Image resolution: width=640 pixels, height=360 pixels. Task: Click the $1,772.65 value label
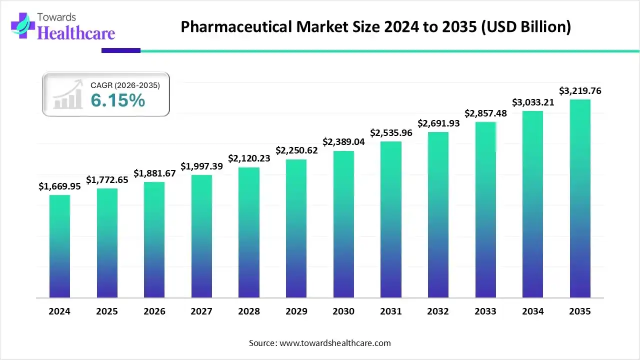point(107,179)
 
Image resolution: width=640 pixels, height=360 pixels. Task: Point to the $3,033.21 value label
point(533,102)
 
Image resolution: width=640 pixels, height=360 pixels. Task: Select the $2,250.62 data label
point(296,150)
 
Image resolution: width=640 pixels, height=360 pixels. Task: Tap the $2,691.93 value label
point(438,123)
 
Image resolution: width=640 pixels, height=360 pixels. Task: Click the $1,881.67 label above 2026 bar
point(154,173)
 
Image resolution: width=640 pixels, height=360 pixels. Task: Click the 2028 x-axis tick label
point(249,311)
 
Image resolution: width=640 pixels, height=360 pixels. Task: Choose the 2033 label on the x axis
point(485,311)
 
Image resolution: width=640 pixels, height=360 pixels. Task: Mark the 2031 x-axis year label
point(391,311)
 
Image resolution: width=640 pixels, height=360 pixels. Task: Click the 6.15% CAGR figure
point(118,100)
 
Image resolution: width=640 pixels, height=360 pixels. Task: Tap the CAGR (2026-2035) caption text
point(125,85)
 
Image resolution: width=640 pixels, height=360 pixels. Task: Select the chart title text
point(375,26)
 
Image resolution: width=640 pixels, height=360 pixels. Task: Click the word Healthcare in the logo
point(76,33)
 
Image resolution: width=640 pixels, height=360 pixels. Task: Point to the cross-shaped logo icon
point(20,25)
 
